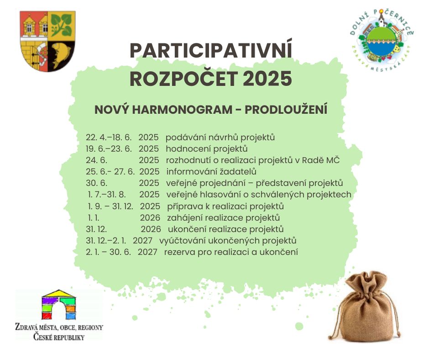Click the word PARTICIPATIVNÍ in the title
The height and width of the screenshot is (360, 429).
click(x=211, y=50)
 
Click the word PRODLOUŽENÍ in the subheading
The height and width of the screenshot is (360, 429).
click(x=286, y=109)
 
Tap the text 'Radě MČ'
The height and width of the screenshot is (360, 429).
click(x=321, y=160)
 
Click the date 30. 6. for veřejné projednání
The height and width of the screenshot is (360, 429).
click(x=97, y=183)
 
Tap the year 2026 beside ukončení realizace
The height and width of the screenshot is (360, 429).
click(x=151, y=229)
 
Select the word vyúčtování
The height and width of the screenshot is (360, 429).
click(x=183, y=241)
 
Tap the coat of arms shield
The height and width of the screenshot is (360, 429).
click(x=47, y=41)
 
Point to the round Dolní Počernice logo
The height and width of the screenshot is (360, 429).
click(x=382, y=40)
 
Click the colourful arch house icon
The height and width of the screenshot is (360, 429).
click(x=58, y=305)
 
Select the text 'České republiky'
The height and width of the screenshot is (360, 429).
click(x=59, y=337)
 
